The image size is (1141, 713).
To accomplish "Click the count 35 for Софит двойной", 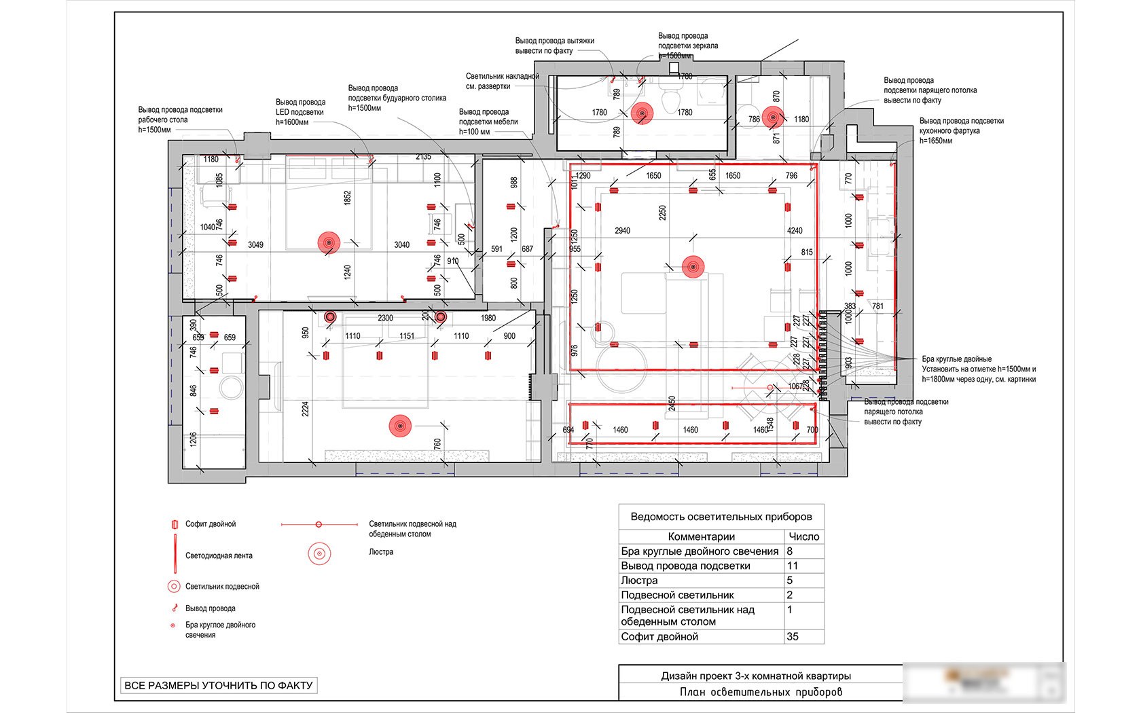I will [x=793, y=637].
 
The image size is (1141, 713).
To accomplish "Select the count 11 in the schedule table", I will [x=792, y=566].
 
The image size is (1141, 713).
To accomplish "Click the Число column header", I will [x=803, y=536].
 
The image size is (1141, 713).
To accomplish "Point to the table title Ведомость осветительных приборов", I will [x=721, y=516].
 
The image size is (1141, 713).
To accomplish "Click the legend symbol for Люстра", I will [x=319, y=553].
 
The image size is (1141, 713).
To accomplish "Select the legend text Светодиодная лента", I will [x=219, y=555].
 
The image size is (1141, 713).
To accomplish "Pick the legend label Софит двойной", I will [x=211, y=524].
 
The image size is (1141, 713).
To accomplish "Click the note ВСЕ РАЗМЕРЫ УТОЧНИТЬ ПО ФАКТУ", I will [x=218, y=685].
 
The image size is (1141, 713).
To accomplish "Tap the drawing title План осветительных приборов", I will [x=761, y=692].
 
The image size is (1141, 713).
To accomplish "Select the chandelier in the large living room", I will [x=692, y=268].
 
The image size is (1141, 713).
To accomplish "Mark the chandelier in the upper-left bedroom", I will [x=329, y=242].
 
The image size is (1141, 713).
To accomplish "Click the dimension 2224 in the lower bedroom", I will [x=306, y=409].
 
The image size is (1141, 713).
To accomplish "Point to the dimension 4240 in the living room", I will [x=795, y=231].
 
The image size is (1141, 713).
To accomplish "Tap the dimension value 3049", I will [x=255, y=244].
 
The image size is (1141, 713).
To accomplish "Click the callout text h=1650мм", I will [x=936, y=141].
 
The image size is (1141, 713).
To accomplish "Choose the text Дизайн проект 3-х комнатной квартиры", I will [x=756, y=676].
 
